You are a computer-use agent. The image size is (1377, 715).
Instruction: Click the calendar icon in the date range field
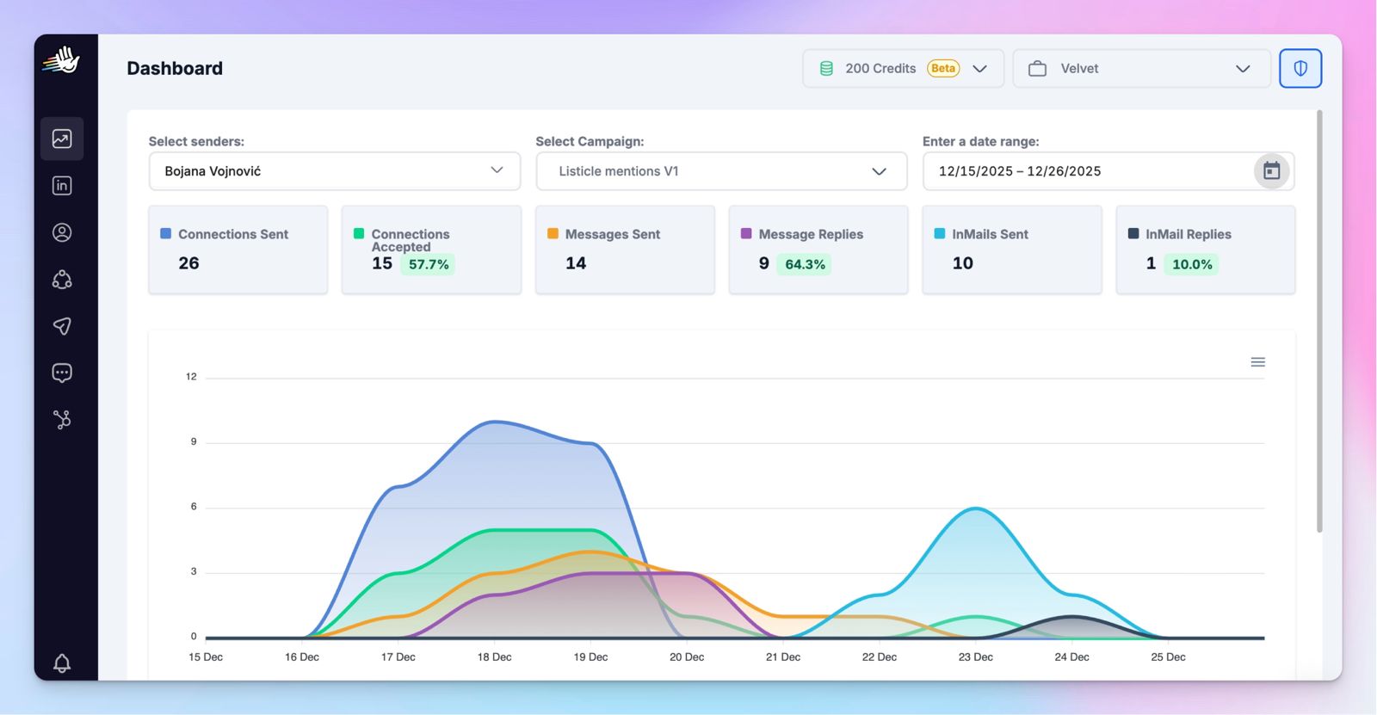coord(1271,171)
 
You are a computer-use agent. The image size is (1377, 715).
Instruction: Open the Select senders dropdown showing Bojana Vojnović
coord(335,171)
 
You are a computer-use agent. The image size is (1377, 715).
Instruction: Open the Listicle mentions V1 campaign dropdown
coord(721,171)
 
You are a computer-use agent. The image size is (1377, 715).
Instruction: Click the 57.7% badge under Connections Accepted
coord(428,264)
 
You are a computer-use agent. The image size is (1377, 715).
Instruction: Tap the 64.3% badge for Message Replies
coord(804,264)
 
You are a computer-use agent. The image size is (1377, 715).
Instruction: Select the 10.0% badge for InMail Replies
coord(1191,264)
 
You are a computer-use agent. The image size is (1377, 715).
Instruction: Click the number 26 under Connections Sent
coord(188,263)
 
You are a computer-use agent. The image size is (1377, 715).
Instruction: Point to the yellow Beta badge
coord(943,68)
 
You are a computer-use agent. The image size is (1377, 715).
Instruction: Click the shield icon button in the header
coord(1300,68)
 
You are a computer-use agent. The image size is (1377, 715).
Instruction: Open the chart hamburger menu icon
coord(1257,362)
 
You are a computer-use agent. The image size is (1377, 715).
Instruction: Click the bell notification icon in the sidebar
coord(61,663)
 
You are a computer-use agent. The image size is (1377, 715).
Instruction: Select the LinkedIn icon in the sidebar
coord(62,186)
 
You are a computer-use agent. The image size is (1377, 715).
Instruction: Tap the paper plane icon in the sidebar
coord(62,326)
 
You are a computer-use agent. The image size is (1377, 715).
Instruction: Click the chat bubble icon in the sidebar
coord(62,373)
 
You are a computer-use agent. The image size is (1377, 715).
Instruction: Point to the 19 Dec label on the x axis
coord(590,657)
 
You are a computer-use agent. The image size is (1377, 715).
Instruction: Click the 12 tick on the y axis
coord(191,376)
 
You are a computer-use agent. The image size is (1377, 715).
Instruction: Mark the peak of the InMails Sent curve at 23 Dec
coord(976,508)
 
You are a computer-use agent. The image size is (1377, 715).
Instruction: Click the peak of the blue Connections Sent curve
coord(496,421)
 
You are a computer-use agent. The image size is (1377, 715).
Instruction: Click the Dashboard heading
coord(175,68)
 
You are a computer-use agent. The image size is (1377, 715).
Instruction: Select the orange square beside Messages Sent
coord(553,234)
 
